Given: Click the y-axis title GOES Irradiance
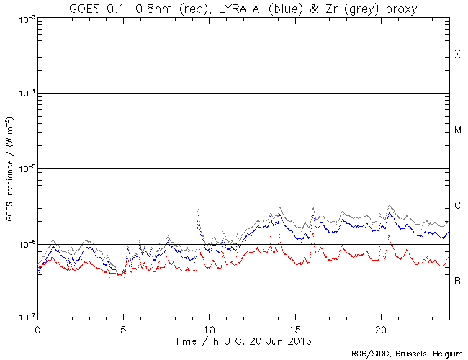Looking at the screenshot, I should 11,168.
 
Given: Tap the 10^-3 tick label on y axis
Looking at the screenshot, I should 24,18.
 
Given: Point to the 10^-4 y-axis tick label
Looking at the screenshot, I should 24,93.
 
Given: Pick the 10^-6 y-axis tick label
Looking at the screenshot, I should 24,243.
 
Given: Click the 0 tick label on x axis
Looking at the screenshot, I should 37,328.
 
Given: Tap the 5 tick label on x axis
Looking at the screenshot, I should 123,328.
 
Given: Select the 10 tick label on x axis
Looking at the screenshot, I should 209,328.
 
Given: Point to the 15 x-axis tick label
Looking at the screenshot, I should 294,328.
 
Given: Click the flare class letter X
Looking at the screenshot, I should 457,55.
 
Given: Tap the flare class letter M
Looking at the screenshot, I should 457,130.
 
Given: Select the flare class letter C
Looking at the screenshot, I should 457,206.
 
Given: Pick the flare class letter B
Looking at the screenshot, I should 457,280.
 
